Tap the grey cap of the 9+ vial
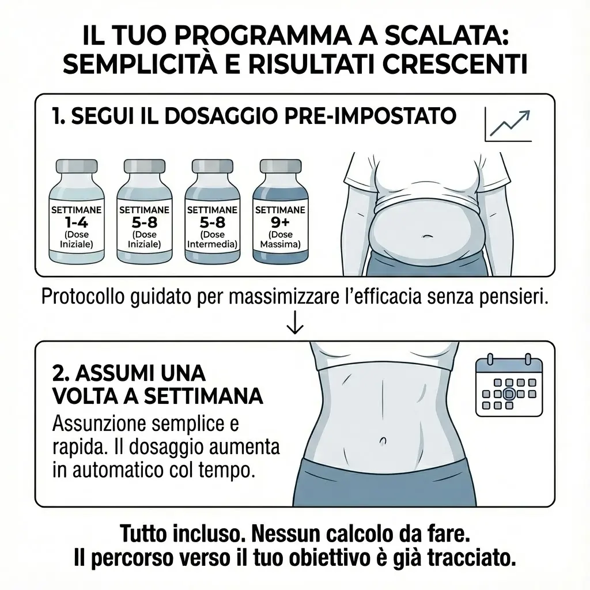(281, 166)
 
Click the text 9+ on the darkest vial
(281, 223)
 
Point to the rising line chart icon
(508, 124)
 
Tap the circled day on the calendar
(509, 394)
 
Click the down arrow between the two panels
(295, 322)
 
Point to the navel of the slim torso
(383, 440)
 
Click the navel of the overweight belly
(426, 236)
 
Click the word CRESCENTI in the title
(455, 65)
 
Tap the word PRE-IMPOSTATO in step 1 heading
(370, 116)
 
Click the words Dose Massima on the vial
(281, 239)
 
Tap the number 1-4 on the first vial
(77, 223)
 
